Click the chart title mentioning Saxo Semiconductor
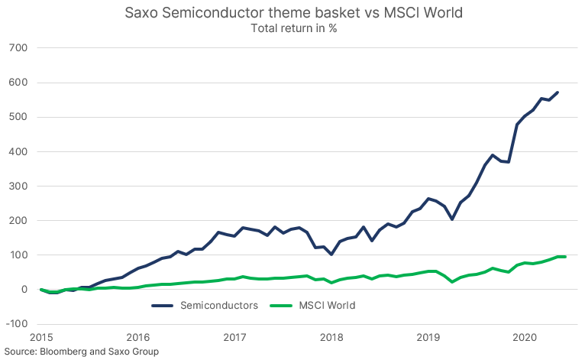tap(293, 13)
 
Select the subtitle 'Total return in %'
tap(293, 28)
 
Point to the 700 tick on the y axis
tap(18, 48)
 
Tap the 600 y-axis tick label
tap(18, 83)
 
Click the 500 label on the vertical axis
tap(18, 117)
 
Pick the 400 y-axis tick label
tap(18, 151)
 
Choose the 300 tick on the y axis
tap(18, 186)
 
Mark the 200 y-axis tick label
tap(18, 220)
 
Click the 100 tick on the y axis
tap(18, 255)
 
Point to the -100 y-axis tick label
tap(16, 323)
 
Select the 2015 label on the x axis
tap(41, 337)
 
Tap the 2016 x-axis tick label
tap(138, 337)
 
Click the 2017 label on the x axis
tap(234, 337)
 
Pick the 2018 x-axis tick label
tap(331, 337)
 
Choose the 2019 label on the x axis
tap(428, 337)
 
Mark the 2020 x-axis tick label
tap(525, 337)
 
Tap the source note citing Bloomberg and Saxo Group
tap(80, 352)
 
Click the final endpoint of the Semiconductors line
tap(558, 92)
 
